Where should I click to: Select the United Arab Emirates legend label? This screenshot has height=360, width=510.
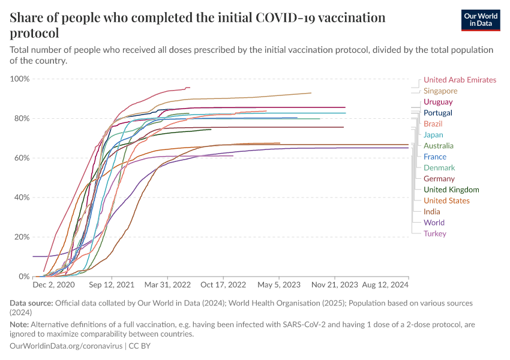pos(460,80)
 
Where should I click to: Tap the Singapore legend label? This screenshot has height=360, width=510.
pos(440,91)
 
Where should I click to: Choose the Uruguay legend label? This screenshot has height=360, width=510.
pos(438,102)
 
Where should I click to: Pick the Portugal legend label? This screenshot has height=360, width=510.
pos(438,113)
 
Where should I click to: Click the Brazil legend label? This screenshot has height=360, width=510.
pos(433,124)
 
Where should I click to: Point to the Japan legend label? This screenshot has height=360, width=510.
pos(433,135)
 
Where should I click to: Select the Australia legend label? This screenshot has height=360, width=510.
pos(439,146)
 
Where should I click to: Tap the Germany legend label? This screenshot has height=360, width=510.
pos(439,179)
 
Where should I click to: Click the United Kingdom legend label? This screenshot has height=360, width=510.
pos(451,190)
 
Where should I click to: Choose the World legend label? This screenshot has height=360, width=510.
pos(434,223)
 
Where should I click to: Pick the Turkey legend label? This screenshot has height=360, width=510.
pos(434,233)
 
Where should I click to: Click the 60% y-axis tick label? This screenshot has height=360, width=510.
pos(22,158)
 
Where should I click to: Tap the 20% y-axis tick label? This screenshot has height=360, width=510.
pos(22,237)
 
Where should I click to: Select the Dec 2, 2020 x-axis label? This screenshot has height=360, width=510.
pos(54,285)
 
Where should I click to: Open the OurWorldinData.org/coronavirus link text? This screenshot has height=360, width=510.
pos(67,346)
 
